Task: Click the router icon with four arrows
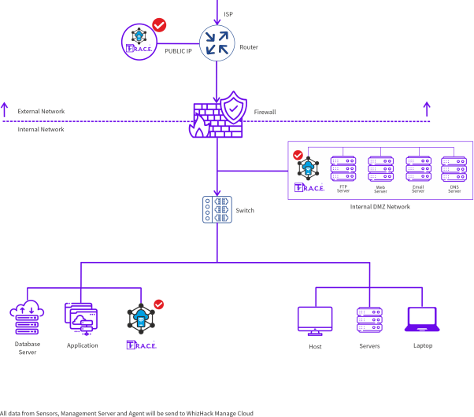pyautogui.click(x=217, y=42)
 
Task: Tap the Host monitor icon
pyautogui.click(x=315, y=320)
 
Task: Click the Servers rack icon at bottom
pyautogui.click(x=369, y=320)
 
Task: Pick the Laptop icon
pyautogui.click(x=423, y=320)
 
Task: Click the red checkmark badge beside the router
pyautogui.click(x=159, y=25)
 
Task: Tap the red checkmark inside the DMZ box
pyautogui.click(x=298, y=155)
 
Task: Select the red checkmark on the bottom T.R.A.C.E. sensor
pyautogui.click(x=158, y=304)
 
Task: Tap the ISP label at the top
pyautogui.click(x=228, y=14)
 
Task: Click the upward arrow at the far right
pyautogui.click(x=427, y=109)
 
